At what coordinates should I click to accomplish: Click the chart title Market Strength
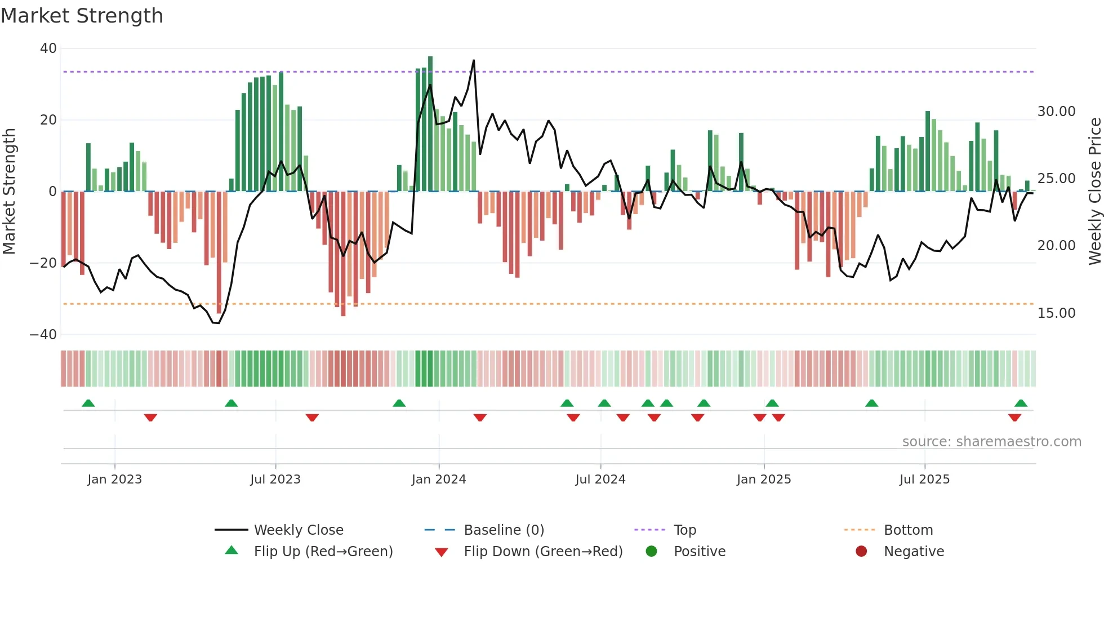pyautogui.click(x=82, y=16)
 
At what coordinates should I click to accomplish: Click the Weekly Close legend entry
pyautogui.click(x=298, y=530)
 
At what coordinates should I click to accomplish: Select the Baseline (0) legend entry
pyautogui.click(x=504, y=530)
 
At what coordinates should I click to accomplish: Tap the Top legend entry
pyautogui.click(x=685, y=530)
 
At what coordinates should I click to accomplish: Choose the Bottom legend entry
pyautogui.click(x=908, y=530)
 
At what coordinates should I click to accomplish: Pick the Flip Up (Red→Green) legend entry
pyautogui.click(x=323, y=551)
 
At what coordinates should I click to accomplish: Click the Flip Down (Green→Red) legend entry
pyautogui.click(x=543, y=551)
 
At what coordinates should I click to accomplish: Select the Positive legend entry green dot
pyautogui.click(x=652, y=551)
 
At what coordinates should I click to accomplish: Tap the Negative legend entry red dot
pyautogui.click(x=861, y=551)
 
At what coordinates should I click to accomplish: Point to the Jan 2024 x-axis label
pyautogui.click(x=439, y=480)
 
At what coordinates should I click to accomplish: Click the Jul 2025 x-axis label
pyautogui.click(x=924, y=480)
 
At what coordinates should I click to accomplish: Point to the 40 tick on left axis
pyautogui.click(x=48, y=48)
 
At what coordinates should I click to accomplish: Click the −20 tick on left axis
pyautogui.click(x=43, y=263)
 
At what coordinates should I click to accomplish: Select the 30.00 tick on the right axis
pyautogui.click(x=1056, y=112)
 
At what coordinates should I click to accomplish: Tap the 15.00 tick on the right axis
pyautogui.click(x=1056, y=313)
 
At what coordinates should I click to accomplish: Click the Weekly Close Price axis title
pyautogui.click(x=1094, y=191)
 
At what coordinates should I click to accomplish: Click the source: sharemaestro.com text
pyautogui.click(x=991, y=442)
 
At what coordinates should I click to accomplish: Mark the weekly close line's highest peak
pyautogui.click(x=474, y=60)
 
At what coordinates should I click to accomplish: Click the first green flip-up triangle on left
pyautogui.click(x=88, y=403)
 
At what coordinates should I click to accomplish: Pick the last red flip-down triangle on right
pyautogui.click(x=1014, y=418)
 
